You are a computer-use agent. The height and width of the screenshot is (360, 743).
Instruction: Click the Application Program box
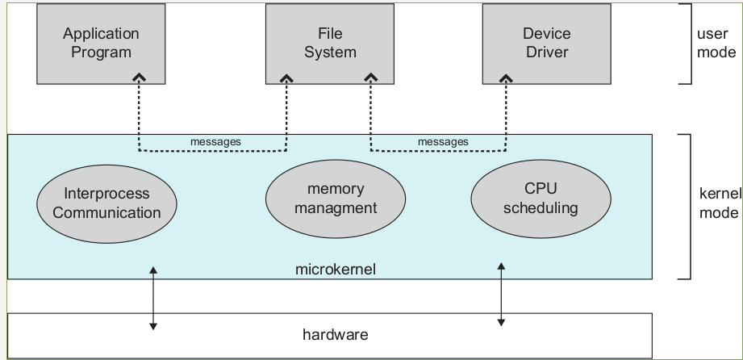(101, 43)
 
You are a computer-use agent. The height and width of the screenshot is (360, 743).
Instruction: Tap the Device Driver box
(547, 43)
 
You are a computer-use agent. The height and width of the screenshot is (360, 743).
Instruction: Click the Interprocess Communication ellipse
(106, 203)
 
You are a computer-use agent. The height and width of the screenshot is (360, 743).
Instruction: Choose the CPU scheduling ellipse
(541, 198)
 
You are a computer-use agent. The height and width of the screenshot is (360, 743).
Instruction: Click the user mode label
(716, 43)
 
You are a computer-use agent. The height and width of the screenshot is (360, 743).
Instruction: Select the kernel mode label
(718, 204)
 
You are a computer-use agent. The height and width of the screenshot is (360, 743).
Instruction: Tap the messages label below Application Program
(215, 142)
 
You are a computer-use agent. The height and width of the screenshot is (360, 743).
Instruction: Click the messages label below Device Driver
(443, 142)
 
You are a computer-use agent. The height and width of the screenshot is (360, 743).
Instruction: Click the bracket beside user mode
(688, 43)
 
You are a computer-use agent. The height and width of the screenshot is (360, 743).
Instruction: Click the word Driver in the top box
(547, 52)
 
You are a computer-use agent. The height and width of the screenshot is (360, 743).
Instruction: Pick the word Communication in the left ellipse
(106, 213)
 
